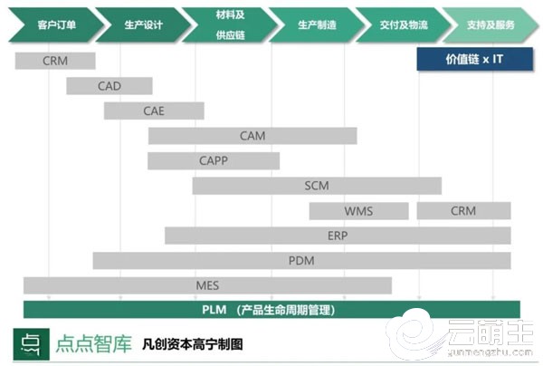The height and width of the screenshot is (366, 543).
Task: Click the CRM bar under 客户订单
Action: pos(55,61)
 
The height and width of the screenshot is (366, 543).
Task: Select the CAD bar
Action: pos(110,86)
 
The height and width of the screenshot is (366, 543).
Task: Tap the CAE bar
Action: pos(153,111)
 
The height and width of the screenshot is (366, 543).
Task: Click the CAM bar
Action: pos(252,136)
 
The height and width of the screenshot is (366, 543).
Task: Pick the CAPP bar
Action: pos(214,160)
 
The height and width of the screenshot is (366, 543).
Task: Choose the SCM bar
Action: pos(317,186)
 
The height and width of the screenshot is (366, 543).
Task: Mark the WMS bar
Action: pos(358,211)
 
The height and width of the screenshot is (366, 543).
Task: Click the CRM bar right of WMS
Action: pos(463,211)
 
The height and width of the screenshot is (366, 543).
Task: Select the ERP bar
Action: pos(338,236)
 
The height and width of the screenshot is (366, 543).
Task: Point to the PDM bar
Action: pos(301,261)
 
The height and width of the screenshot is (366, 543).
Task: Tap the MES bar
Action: pos(207,285)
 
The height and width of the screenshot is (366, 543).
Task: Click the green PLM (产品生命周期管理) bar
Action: pos(271,309)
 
